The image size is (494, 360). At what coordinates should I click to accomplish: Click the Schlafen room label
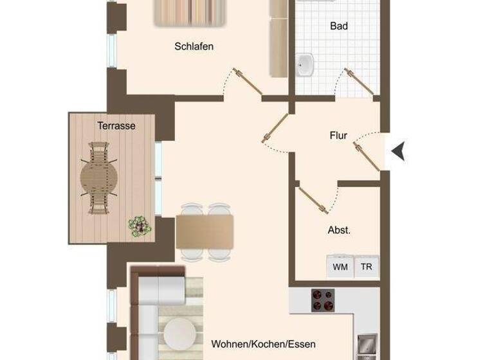click(x=194, y=46)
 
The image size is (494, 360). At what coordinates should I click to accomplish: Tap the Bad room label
click(x=338, y=26)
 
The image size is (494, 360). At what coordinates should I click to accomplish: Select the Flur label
click(x=338, y=136)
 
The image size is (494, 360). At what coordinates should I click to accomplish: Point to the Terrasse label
click(x=116, y=126)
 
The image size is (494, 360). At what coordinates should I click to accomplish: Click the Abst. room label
click(x=339, y=230)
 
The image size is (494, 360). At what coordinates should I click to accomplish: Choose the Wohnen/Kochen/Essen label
click(x=264, y=345)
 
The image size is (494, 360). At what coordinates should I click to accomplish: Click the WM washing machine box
click(x=340, y=266)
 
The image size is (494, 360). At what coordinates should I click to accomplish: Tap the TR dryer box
click(x=367, y=266)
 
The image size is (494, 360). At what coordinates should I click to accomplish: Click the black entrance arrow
click(x=399, y=152)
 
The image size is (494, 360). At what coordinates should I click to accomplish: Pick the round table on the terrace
click(x=99, y=177)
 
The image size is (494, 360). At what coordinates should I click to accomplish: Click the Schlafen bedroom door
click(x=248, y=84)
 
